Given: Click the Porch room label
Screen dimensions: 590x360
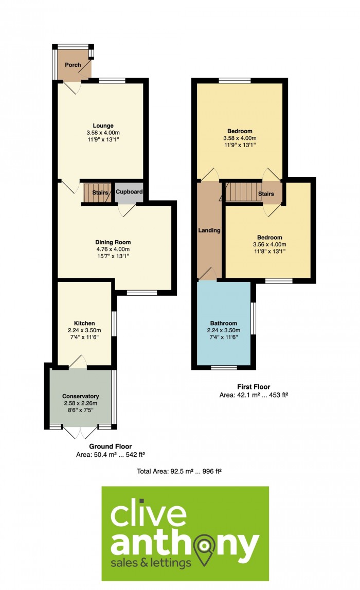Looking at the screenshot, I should point(73,65).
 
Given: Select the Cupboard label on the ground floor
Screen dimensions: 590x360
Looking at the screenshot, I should point(129,192).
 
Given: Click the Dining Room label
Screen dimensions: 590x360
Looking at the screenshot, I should point(113,242).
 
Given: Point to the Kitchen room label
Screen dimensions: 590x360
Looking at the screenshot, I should point(84,323).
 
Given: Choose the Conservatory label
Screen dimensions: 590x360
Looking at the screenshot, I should point(80,396).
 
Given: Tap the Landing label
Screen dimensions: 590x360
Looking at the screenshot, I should point(209,230).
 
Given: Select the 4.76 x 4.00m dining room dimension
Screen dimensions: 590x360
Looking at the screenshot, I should point(113,249).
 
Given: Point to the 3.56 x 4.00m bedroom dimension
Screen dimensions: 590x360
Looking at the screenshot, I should point(269,244).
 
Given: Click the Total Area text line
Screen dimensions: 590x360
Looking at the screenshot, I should point(179,470).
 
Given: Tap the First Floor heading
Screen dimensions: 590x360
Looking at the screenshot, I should point(254,387).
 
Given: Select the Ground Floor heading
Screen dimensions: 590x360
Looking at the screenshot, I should point(110,446).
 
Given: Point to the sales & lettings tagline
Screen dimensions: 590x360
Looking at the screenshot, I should point(152,563).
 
